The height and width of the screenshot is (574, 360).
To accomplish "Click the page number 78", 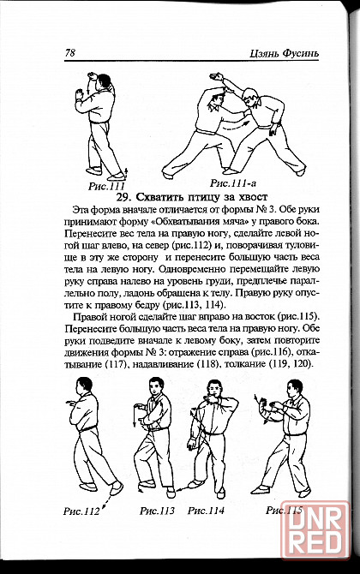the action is pyautogui.click(x=70, y=53).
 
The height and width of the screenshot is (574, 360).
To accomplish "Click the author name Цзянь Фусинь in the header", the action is pyautogui.click(x=285, y=53).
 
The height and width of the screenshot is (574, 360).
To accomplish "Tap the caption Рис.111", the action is pyautogui.click(x=106, y=186).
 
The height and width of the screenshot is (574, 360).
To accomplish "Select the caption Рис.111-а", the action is pyautogui.click(x=233, y=182).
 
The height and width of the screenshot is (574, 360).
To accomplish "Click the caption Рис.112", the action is pyautogui.click(x=81, y=511).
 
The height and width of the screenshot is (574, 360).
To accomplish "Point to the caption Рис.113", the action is pyautogui.click(x=157, y=511).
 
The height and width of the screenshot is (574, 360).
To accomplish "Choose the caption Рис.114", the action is pyautogui.click(x=206, y=511).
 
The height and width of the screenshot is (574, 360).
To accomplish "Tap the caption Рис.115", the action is pyautogui.click(x=285, y=510).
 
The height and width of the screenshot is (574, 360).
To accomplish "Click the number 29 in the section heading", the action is pyautogui.click(x=122, y=197).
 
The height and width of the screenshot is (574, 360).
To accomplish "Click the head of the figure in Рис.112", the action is pyautogui.click(x=84, y=386).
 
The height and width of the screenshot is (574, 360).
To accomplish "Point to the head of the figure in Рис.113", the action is pyautogui.click(x=156, y=386).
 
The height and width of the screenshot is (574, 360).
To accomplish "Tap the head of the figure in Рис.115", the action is pyautogui.click(x=296, y=388).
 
